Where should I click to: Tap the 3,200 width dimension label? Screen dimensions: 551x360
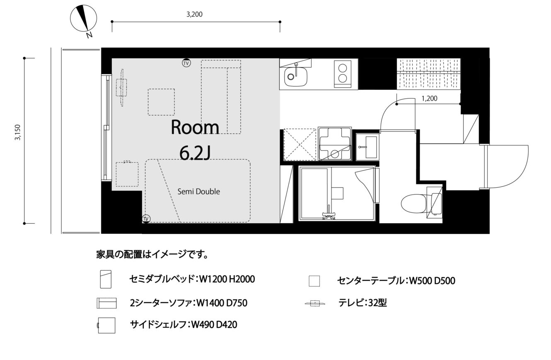tap(194, 14)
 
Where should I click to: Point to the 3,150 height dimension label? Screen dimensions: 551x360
tap(18, 132)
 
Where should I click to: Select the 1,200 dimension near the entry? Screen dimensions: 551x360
tap(430, 99)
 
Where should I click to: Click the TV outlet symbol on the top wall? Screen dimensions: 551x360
tap(186, 63)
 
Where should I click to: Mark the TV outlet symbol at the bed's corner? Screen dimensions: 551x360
tap(146, 219)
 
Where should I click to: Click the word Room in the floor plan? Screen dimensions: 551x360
tap(195, 127)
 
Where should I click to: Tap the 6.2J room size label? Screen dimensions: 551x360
tap(195, 153)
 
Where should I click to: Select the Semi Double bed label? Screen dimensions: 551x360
tap(199, 191)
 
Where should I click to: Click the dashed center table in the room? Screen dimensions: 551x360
tap(162, 102)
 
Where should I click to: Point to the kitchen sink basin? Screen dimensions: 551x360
tap(296, 76)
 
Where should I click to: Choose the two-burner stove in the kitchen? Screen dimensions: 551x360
tap(342, 74)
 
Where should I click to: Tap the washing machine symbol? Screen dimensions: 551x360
tap(335, 144)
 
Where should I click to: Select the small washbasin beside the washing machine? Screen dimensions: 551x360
tap(367, 147)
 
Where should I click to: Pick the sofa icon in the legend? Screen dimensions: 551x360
tap(106, 303)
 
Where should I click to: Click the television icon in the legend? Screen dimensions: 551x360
tap(315, 303)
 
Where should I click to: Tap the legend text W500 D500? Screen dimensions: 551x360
tap(432, 281)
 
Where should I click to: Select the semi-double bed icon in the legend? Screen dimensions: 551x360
tap(106, 279)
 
